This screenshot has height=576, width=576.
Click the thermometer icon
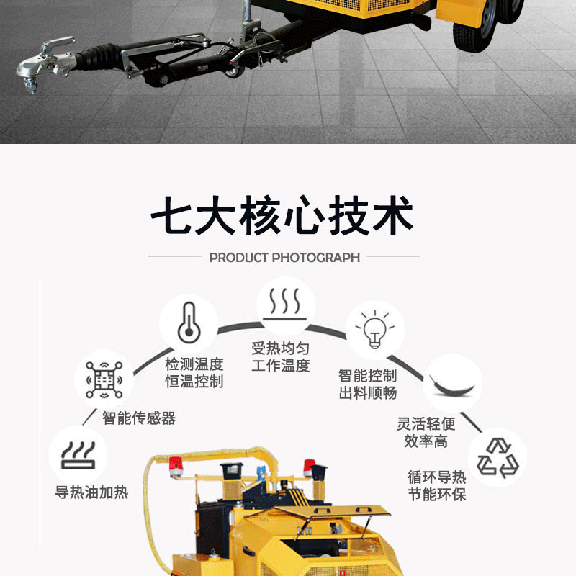coord(189,323)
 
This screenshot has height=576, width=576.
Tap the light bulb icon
coord(374,329)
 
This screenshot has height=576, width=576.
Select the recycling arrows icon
coord(498,458)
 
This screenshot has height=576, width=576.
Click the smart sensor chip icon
coord(104,380)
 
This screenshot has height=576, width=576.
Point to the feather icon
coord(452,386)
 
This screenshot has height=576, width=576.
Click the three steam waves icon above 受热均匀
coord(285,304)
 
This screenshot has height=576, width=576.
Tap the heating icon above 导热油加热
coord(78,455)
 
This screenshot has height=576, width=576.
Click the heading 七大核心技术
coord(282,215)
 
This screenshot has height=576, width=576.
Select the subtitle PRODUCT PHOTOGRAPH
coord(284,258)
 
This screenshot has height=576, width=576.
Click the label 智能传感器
coord(139,418)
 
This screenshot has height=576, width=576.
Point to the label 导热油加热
coord(91,492)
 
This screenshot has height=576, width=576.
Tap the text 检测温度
coord(194,364)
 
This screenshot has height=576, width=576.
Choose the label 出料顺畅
coord(368,393)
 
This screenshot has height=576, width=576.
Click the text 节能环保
coord(437,495)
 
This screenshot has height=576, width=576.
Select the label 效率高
coord(426,441)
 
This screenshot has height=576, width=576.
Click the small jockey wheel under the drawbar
coord(233,68)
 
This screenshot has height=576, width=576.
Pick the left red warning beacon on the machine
coord(176,466)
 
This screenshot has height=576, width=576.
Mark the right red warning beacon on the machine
coord(309,467)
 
